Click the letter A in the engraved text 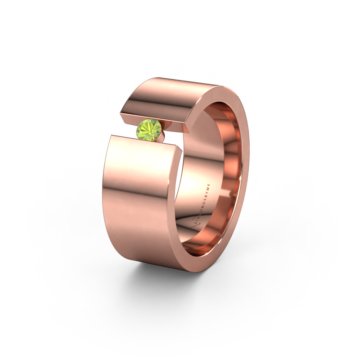click(197, 216)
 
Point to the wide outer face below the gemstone click(139, 198)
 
